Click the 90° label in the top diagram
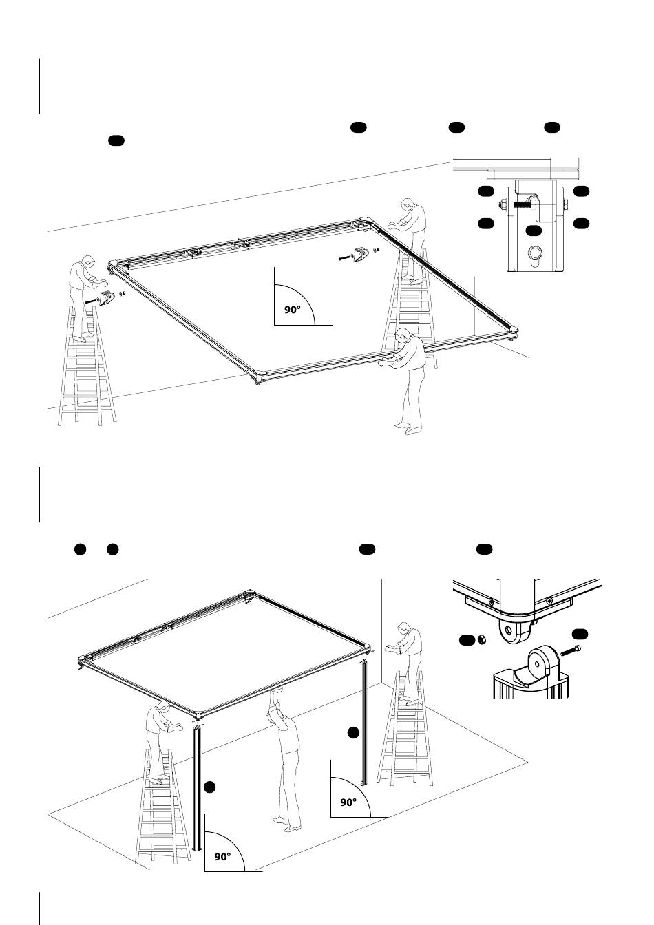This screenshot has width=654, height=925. pyautogui.click(x=293, y=310)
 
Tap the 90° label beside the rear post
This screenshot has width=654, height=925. pyautogui.click(x=349, y=802)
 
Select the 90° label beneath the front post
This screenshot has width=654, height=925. pyautogui.click(x=222, y=858)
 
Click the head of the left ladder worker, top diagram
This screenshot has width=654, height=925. pyautogui.click(x=87, y=262)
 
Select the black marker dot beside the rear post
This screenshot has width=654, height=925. pyautogui.click(x=352, y=732)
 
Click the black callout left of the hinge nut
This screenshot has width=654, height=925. pyautogui.click(x=467, y=641)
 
